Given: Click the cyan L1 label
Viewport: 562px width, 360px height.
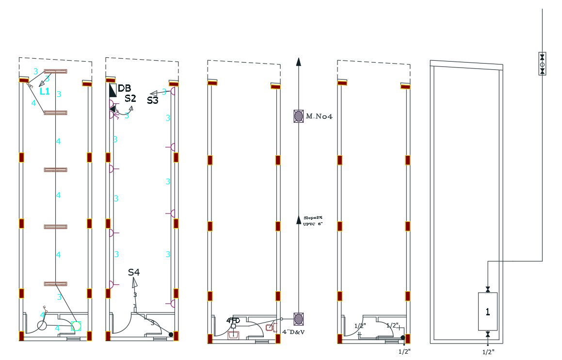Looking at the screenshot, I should click(x=45, y=91).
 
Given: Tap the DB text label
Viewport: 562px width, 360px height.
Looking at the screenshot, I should click(x=125, y=88).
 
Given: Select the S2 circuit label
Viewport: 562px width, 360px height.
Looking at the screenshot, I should click(x=130, y=98).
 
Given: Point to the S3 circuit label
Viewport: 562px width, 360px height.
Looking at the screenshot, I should click(x=153, y=100).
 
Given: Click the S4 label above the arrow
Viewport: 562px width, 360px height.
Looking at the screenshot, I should click(x=134, y=272).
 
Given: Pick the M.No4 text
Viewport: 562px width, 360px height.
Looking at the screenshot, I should click(x=319, y=116).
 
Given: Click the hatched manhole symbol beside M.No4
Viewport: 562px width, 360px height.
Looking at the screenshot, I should click(x=299, y=116).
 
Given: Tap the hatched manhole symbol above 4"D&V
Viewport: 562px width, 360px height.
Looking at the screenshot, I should click(x=299, y=319).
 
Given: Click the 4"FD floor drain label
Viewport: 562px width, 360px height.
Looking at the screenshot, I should click(x=233, y=320).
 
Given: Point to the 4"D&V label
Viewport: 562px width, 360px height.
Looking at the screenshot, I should click(x=293, y=332).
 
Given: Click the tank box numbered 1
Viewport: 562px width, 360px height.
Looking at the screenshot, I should click(x=487, y=311).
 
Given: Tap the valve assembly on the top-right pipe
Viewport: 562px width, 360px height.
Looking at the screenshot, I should click(x=542, y=64).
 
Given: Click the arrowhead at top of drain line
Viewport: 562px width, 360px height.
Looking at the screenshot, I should click(x=299, y=61).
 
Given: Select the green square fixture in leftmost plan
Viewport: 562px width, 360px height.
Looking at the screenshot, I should click(x=76, y=326).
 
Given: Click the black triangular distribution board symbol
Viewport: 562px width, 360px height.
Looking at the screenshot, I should click(x=112, y=90).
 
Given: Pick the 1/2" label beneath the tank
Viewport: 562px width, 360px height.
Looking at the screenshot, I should click(x=488, y=352).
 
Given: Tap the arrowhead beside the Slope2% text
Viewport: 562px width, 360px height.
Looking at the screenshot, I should click(x=299, y=220).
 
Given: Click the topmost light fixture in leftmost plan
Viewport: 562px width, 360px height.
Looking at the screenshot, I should click(x=55, y=71).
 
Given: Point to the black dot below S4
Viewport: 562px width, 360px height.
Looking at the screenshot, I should click(x=171, y=334).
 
